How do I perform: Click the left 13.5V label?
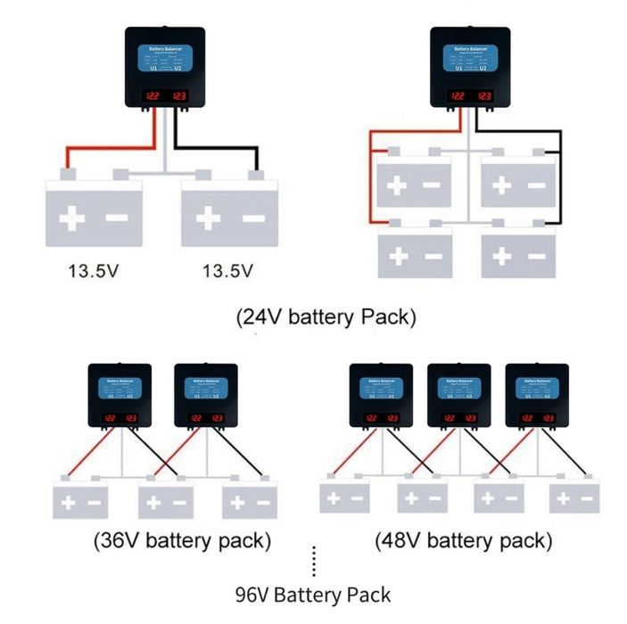(94, 270)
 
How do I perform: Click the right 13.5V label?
(228, 270)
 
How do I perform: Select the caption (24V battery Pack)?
(326, 318)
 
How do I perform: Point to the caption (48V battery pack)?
(463, 540)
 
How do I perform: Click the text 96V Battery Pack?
(313, 594)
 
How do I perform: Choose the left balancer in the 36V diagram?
(120, 398)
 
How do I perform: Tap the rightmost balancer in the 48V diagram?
(537, 398)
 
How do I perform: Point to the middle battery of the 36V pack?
(166, 501)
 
